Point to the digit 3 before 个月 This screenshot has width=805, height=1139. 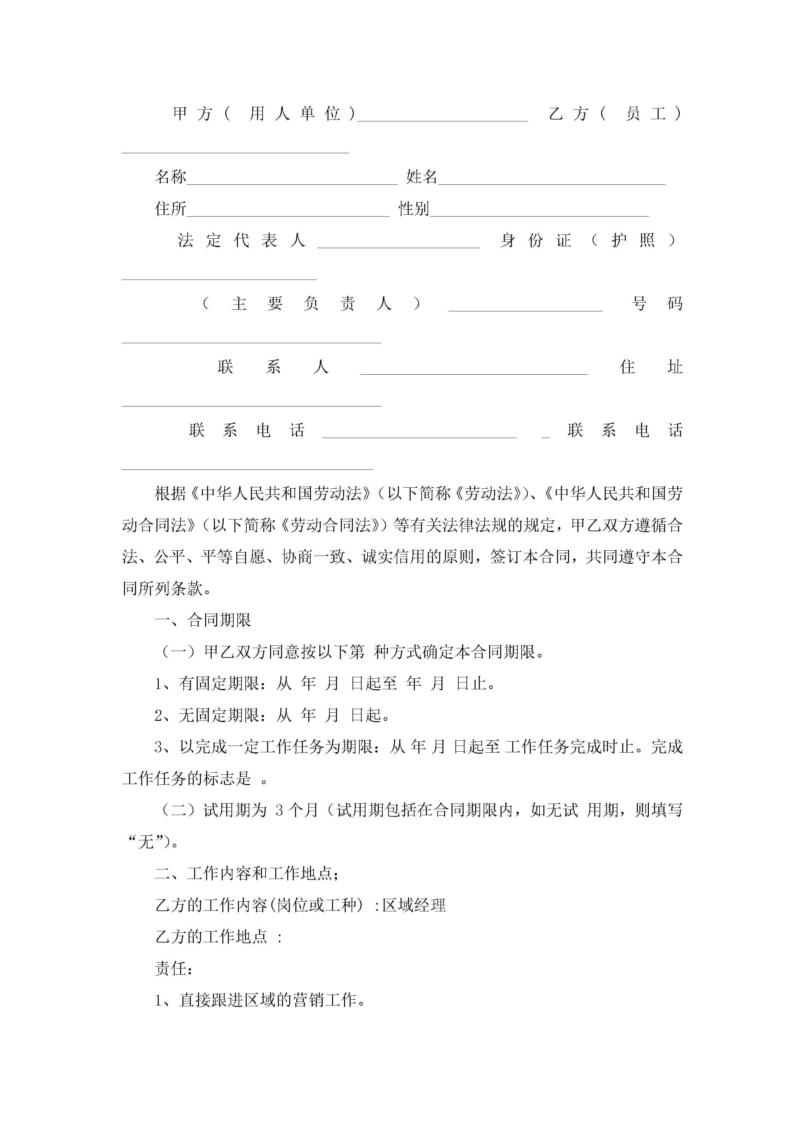[279, 811]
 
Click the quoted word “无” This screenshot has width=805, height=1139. [146, 842]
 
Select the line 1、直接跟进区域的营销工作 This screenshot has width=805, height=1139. [260, 1001]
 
